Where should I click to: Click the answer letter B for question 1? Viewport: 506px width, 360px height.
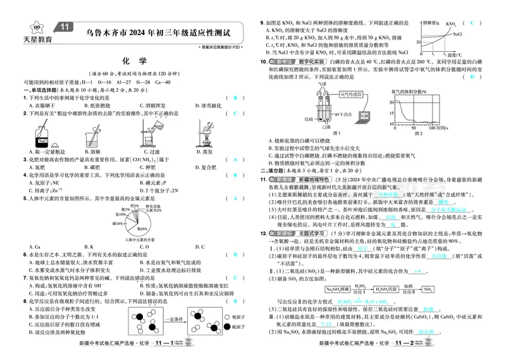click(235, 98)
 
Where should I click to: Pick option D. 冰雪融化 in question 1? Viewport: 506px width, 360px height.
click(196, 106)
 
